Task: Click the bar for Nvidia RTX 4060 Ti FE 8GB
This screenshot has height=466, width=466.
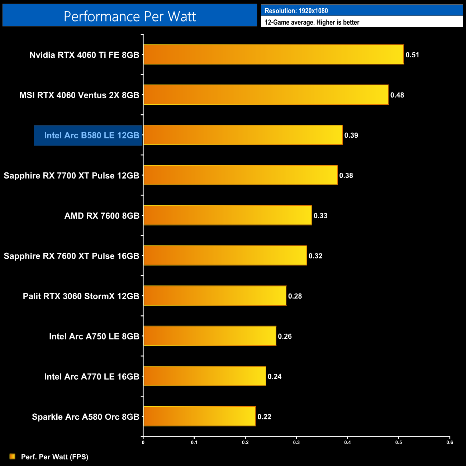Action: pyautogui.click(x=274, y=54)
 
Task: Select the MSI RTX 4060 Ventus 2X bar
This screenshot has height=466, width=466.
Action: pyautogui.click(x=266, y=95)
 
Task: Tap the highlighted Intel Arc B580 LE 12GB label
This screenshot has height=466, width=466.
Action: pyautogui.click(x=91, y=135)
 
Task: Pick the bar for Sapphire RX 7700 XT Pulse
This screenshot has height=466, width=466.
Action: pyautogui.click(x=241, y=175)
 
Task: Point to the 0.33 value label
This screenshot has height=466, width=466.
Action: pyautogui.click(x=320, y=216)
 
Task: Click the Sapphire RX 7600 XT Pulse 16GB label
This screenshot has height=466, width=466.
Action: pyautogui.click(x=71, y=256)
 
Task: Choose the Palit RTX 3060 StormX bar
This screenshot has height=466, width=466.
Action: pyautogui.click(x=215, y=296)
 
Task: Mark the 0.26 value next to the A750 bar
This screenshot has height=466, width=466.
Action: pyautogui.click(x=285, y=336)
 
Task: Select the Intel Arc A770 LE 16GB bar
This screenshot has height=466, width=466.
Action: pyautogui.click(x=205, y=376)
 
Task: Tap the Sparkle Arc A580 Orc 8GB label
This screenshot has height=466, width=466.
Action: pyautogui.click(x=85, y=417)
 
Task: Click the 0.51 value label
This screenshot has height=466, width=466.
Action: pyautogui.click(x=412, y=55)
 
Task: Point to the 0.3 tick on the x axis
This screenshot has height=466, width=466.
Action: pyautogui.click(x=296, y=442)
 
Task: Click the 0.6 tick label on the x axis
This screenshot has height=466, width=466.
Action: pyautogui.click(x=450, y=442)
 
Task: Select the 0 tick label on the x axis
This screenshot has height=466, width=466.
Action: pyautogui.click(x=143, y=442)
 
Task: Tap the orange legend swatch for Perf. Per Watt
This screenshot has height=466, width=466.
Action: pyautogui.click(x=13, y=456)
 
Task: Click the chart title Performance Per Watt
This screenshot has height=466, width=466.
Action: pyautogui.click(x=130, y=16)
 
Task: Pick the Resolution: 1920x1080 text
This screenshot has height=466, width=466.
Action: pyautogui.click(x=296, y=11)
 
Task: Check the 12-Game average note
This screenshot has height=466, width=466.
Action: pyautogui.click(x=312, y=22)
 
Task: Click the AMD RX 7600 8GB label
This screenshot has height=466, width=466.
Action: pyautogui.click(x=102, y=216)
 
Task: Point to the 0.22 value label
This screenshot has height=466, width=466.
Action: pyautogui.click(x=264, y=417)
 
